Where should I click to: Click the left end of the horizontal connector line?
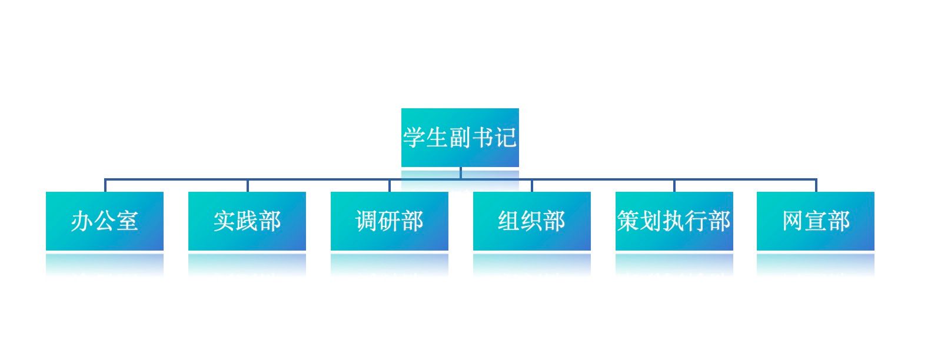pos(105,179)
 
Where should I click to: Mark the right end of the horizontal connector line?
pos(816,179)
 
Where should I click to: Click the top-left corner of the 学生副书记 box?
pos(401,109)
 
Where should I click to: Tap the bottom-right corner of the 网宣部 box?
pos(874,250)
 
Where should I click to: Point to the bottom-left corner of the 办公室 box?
pos(46,250)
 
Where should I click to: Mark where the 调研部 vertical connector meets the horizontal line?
pos(390,179)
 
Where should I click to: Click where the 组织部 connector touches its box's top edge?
pos(531,192)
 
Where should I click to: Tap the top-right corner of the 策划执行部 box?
pos(733,192)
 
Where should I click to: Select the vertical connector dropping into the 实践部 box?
pos(248,185)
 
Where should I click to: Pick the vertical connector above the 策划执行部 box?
pos(674,185)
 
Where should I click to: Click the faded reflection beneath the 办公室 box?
pos(105,264)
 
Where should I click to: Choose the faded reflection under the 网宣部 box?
pos(816,264)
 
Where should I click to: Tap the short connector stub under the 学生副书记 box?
pos(461,173)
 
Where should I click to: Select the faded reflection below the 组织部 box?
pos(532,264)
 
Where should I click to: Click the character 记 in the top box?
pos(505,138)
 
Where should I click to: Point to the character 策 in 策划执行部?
pos(629,221)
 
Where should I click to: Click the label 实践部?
pos(247,221)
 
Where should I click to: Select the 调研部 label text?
pos(390,221)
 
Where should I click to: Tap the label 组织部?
pos(531,221)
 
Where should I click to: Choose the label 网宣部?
pos(816,221)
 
